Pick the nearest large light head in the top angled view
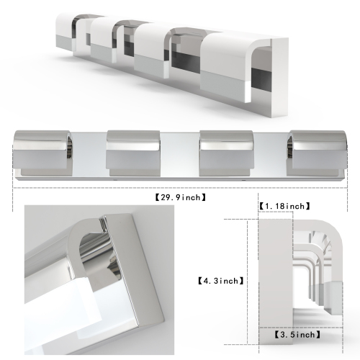(229, 65)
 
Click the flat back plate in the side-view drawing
(274, 281)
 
